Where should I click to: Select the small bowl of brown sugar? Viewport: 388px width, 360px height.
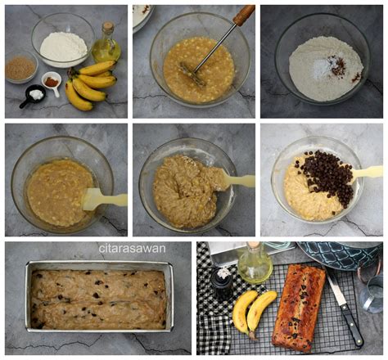(x=20, y=68)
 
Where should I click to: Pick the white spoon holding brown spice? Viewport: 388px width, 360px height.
(x=52, y=83)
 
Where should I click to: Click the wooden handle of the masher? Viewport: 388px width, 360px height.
(x=243, y=16)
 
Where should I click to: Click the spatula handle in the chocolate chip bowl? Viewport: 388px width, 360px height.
(x=368, y=172)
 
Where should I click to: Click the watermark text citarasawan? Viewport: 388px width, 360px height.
(x=132, y=248)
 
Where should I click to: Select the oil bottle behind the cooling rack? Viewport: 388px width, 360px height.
(x=255, y=263)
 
